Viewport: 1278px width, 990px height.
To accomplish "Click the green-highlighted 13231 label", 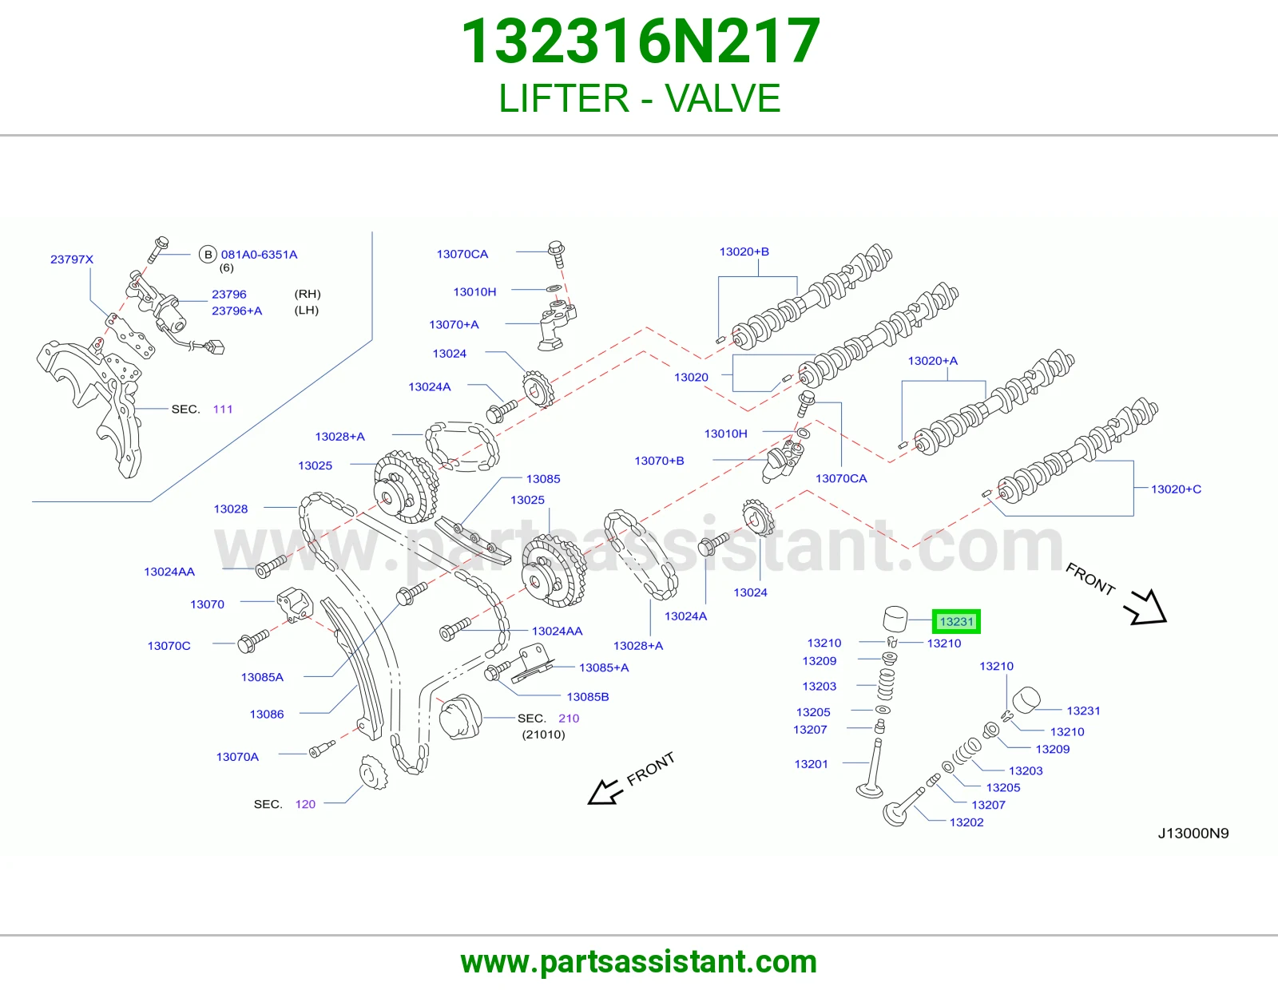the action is [956, 621].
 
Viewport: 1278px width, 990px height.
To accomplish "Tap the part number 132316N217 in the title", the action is [641, 41].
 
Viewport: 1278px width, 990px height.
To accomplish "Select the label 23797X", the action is [72, 259].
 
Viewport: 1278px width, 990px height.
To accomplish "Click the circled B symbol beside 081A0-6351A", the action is [208, 255].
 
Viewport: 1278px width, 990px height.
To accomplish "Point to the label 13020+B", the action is [744, 251].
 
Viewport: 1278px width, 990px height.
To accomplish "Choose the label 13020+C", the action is [1176, 489].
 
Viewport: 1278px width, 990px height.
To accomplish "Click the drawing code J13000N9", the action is [1193, 833].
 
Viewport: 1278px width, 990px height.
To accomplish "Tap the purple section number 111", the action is [222, 409].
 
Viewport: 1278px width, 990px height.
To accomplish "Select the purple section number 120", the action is [305, 804].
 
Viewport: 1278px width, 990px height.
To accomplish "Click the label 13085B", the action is [588, 697].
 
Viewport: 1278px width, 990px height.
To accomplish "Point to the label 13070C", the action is [169, 646].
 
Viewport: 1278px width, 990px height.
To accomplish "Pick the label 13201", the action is [811, 764].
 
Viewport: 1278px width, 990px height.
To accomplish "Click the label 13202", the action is [966, 822].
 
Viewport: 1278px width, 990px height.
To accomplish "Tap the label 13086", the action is [267, 715].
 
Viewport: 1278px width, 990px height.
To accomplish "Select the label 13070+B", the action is [659, 461].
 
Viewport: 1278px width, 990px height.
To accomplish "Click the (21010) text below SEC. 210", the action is [543, 735].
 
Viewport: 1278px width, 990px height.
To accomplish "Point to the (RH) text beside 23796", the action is [308, 294].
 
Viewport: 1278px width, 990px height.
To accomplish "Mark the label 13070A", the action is [237, 757].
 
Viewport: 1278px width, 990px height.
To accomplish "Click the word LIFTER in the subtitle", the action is [564, 98].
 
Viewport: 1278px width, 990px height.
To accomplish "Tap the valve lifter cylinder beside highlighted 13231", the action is [895, 619].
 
